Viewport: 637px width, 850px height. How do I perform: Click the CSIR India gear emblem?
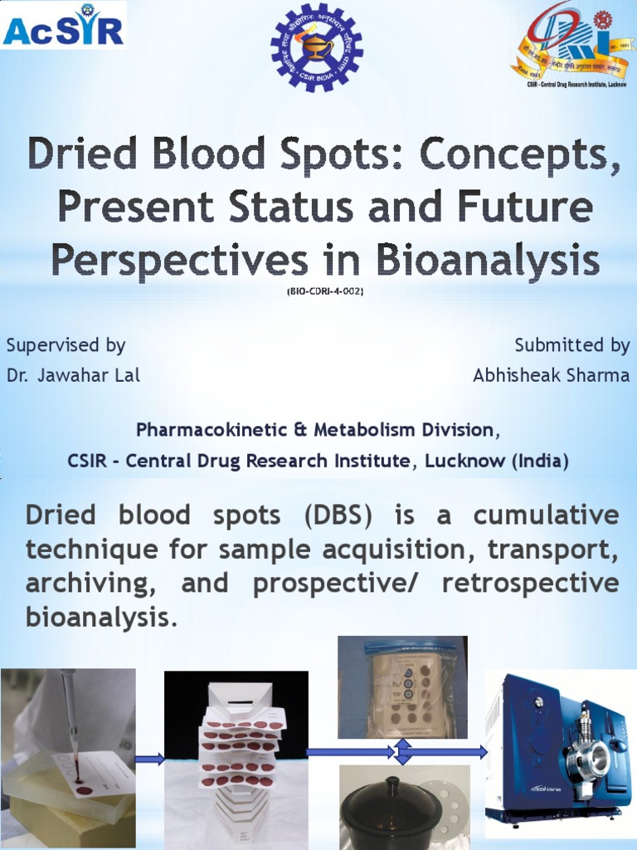pos(316,46)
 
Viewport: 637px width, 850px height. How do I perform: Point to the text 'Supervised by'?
pos(66,345)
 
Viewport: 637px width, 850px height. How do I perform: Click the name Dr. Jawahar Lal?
pos(73,375)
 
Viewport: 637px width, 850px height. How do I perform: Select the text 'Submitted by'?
pos(571,345)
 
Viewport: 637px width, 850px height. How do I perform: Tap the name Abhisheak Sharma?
pos(551,375)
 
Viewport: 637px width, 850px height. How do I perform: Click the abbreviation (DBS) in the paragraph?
pos(338,515)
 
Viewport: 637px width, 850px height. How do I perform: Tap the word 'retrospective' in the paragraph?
pos(530,583)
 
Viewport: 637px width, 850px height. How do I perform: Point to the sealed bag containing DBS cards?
pos(402,687)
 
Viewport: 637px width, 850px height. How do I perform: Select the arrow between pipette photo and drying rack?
pos(149,759)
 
